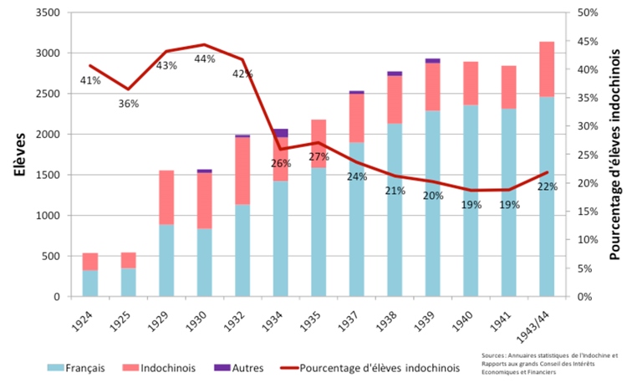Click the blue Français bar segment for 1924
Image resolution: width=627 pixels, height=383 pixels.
(x=90, y=283)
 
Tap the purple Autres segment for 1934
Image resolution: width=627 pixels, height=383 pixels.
(x=281, y=132)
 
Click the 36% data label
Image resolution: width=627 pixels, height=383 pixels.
(x=128, y=104)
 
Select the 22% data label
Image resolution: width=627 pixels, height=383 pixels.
(x=548, y=186)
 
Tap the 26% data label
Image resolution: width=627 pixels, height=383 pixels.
(x=281, y=163)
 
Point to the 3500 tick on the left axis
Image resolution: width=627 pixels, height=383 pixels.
(x=48, y=13)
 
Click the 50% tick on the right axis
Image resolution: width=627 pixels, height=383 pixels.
(x=589, y=13)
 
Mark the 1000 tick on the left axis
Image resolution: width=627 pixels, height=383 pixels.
(x=48, y=216)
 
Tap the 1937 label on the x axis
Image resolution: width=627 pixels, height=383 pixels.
(x=355, y=318)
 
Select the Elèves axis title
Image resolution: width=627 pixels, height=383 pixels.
(x=18, y=154)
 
